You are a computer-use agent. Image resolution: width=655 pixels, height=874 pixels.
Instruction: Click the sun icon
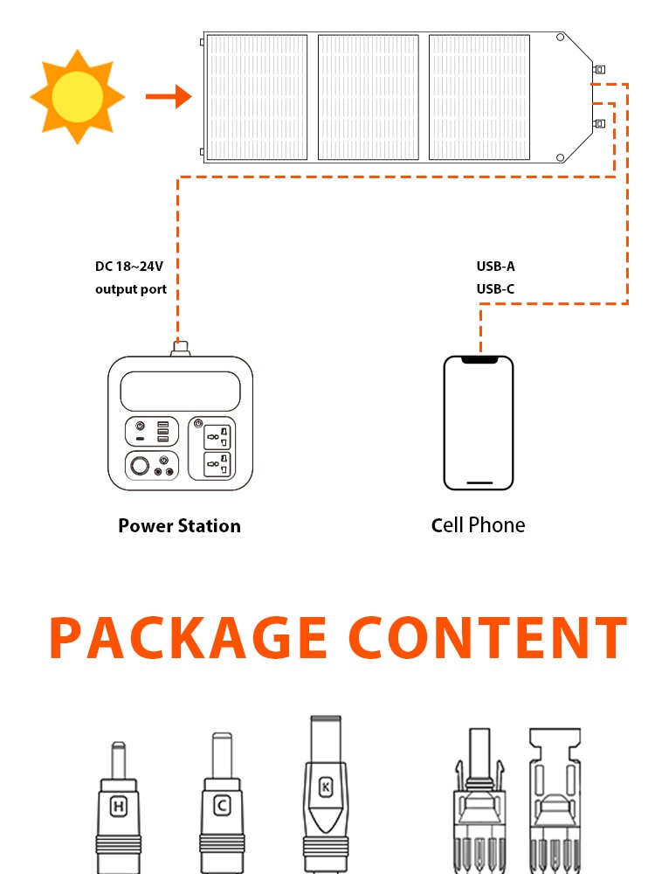[77, 96]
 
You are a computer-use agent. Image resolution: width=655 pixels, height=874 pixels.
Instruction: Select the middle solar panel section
[368, 97]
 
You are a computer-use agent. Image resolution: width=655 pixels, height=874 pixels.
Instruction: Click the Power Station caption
[179, 526]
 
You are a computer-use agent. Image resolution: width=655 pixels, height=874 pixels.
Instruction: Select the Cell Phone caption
[479, 525]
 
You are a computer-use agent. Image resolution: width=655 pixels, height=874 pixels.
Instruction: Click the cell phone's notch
[479, 359]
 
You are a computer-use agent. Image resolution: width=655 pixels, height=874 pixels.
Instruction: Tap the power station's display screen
[180, 391]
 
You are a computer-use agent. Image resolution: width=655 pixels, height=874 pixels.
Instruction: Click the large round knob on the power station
[139, 466]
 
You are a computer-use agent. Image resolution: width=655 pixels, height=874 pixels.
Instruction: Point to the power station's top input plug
[180, 348]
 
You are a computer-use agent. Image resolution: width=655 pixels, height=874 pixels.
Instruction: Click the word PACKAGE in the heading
[188, 639]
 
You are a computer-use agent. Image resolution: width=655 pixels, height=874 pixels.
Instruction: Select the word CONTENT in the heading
[487, 639]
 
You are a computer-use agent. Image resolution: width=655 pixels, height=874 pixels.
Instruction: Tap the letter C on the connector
[221, 806]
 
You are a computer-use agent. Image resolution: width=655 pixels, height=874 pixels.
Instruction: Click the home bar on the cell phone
[479, 482]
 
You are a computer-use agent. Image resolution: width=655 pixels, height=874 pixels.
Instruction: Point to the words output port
[131, 289]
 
